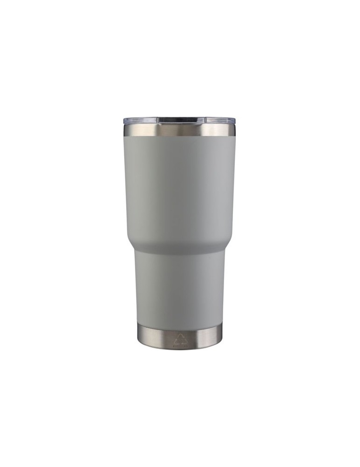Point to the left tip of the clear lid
(x=125, y=121)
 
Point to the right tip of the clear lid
(x=235, y=121)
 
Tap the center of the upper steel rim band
(x=180, y=130)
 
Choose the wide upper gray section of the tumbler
(x=180, y=187)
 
